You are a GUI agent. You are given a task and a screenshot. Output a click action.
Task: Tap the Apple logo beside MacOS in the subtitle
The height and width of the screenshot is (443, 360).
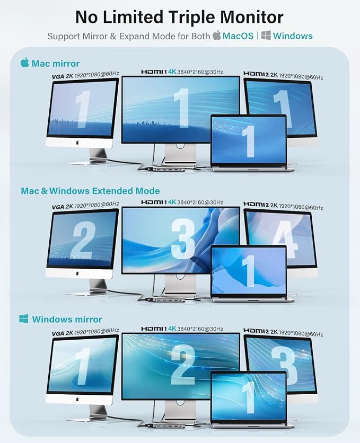[x=217, y=36]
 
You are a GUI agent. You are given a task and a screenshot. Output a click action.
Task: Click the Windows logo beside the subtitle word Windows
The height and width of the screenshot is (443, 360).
[x=266, y=36]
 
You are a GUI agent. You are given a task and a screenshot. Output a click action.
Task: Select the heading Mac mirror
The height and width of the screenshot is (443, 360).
[x=55, y=64]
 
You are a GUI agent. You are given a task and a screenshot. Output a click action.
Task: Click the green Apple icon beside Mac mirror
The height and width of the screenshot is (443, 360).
[x=25, y=63]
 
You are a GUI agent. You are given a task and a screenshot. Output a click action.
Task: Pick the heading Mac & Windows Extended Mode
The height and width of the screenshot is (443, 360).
[x=91, y=191]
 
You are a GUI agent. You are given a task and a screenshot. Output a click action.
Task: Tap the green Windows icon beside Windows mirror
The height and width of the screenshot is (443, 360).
[x=24, y=319]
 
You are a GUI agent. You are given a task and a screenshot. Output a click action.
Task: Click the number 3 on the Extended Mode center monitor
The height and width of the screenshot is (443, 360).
[x=183, y=239]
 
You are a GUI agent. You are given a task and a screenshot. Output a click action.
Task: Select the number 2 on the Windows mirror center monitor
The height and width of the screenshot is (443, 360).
[x=183, y=365]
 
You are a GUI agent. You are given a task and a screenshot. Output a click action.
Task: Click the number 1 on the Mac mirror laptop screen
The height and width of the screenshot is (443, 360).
[x=249, y=141]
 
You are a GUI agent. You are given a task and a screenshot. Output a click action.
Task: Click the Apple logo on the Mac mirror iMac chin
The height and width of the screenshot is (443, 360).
[x=77, y=143]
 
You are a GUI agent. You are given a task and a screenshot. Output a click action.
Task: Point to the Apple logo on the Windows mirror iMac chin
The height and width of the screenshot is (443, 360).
[x=77, y=399]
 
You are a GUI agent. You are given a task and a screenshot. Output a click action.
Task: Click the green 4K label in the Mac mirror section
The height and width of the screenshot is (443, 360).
[x=172, y=72]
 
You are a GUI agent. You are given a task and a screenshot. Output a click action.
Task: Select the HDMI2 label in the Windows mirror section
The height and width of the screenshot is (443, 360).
[x=256, y=330]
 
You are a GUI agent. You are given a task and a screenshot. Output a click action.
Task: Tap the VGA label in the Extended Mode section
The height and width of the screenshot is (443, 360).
[x=58, y=207]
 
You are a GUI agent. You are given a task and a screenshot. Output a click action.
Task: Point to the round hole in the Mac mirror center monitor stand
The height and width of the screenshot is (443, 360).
[x=180, y=146]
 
